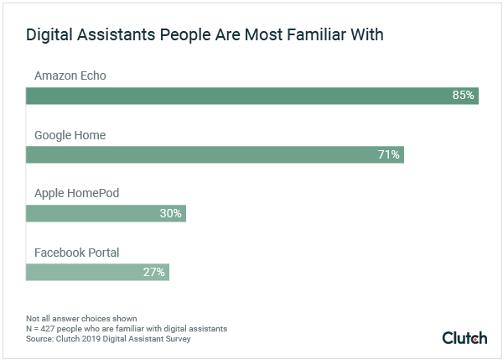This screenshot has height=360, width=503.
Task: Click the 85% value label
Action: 463,96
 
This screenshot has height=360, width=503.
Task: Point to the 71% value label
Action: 389,154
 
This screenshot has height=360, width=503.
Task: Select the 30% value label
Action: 170,213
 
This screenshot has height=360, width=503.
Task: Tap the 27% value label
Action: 154,272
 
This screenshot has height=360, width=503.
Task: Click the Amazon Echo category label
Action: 70,76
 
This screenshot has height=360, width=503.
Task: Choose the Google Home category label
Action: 70,135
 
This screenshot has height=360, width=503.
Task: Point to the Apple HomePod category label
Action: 76,193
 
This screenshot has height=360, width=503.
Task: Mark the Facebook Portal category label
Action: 76,252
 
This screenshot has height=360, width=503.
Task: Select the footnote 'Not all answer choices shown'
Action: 70,319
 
